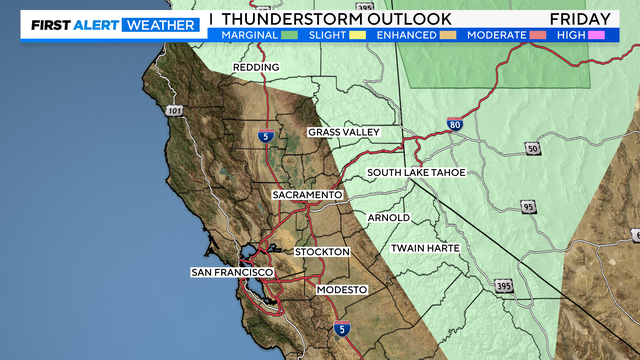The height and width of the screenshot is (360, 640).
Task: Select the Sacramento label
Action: [308, 194]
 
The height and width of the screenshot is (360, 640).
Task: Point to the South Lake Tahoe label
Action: [417, 173]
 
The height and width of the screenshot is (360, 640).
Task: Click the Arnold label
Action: [388, 217]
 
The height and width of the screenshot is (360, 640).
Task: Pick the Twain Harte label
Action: [427, 247]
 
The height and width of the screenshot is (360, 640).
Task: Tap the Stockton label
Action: [322, 252]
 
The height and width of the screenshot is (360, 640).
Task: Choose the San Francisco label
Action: [232, 272]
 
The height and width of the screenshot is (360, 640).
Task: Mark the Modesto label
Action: [342, 289]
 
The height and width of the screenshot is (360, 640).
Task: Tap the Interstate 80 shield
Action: [455, 125]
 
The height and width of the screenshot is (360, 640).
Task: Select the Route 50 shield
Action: [532, 149]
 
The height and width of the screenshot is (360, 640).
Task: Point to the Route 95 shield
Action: [528, 207]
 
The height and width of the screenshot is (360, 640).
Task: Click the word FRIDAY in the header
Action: [579, 19]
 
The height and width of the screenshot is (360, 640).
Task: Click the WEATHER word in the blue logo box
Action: [159, 25]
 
